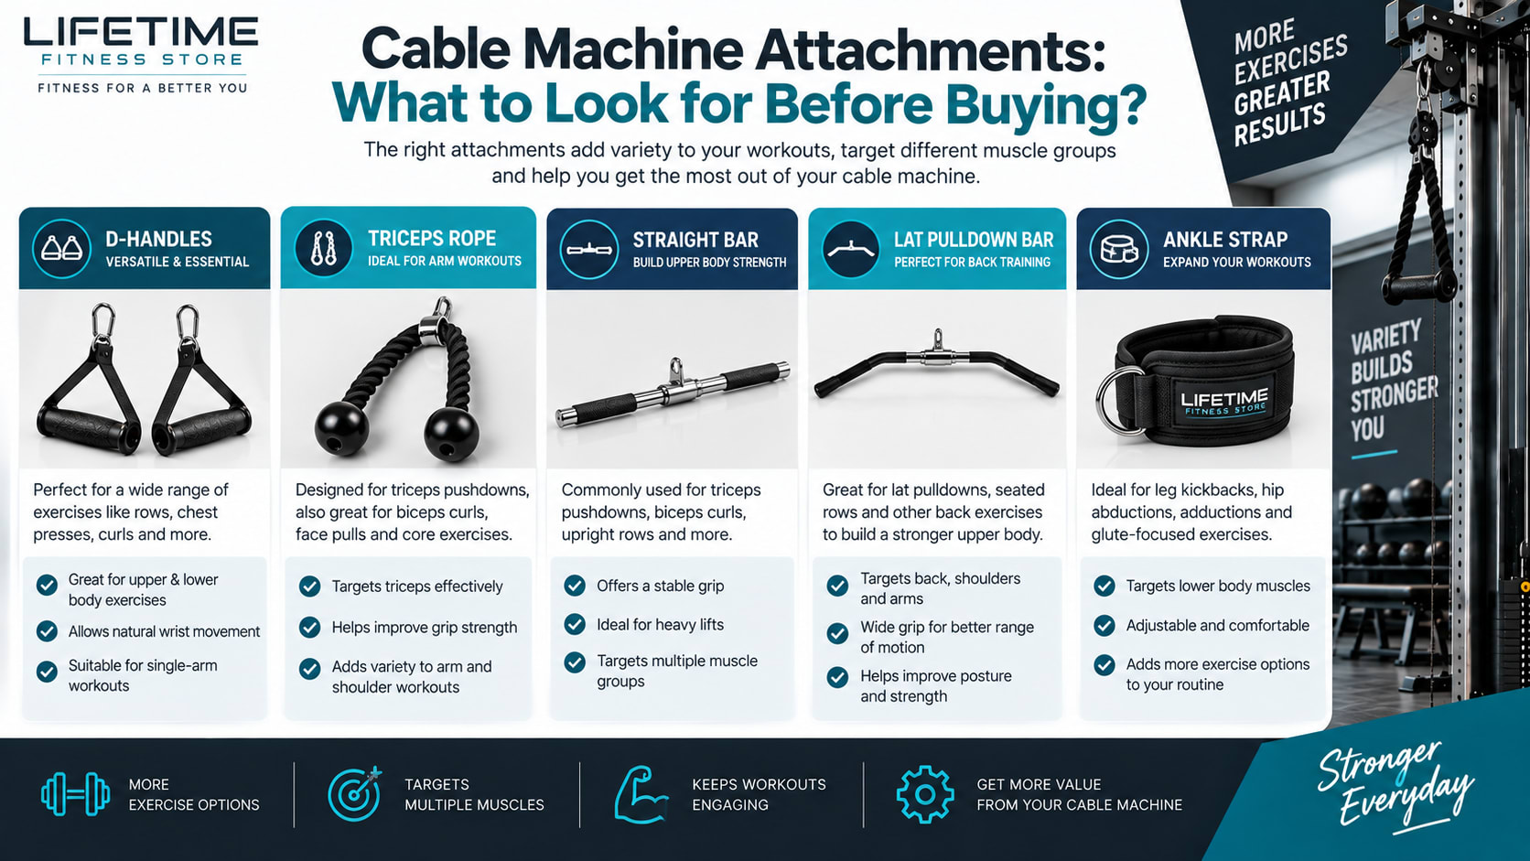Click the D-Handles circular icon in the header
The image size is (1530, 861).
point(61,249)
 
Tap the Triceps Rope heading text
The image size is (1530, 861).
point(432,239)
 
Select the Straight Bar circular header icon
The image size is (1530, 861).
point(588,249)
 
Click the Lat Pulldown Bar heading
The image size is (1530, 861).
point(974,240)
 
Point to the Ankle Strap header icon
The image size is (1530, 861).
point(1119,249)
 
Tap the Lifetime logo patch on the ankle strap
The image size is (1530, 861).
point(1224,402)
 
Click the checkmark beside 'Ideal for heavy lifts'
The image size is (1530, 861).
point(575,624)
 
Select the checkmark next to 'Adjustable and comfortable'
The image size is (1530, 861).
point(1104,626)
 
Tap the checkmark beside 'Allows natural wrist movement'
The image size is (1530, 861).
point(47,631)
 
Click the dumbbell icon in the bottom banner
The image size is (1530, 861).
point(75,794)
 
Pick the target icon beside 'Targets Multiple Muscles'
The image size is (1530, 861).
point(354,793)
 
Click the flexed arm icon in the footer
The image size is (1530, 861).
point(640,794)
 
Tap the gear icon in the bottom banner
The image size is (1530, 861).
point(925,794)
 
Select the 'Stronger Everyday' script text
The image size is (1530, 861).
point(1394,785)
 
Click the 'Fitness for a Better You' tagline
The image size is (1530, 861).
point(142,88)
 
